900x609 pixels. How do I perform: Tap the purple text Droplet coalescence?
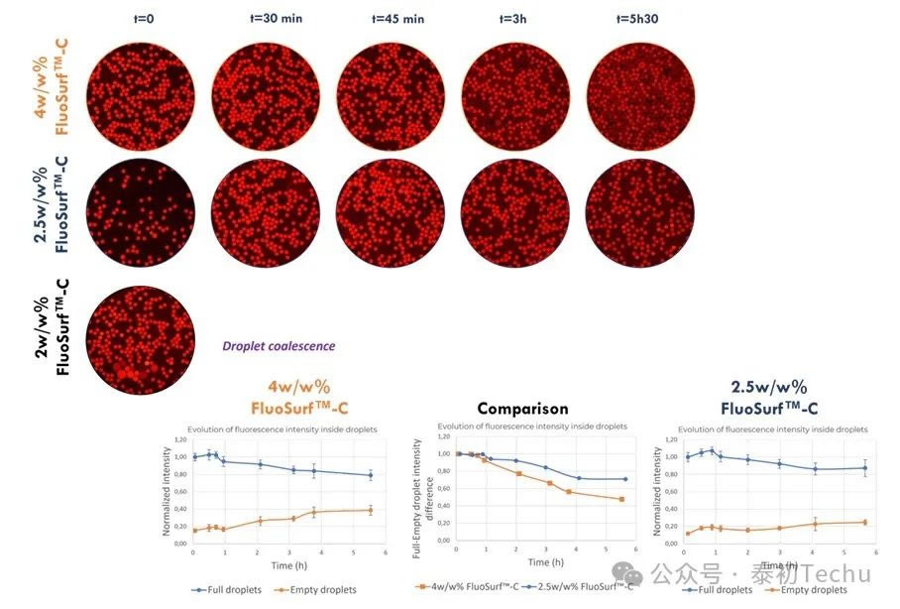click(279, 346)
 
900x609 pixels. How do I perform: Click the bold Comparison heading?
click(522, 408)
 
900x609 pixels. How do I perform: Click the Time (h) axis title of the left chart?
click(282, 564)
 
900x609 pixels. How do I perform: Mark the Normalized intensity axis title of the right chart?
click(657, 489)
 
